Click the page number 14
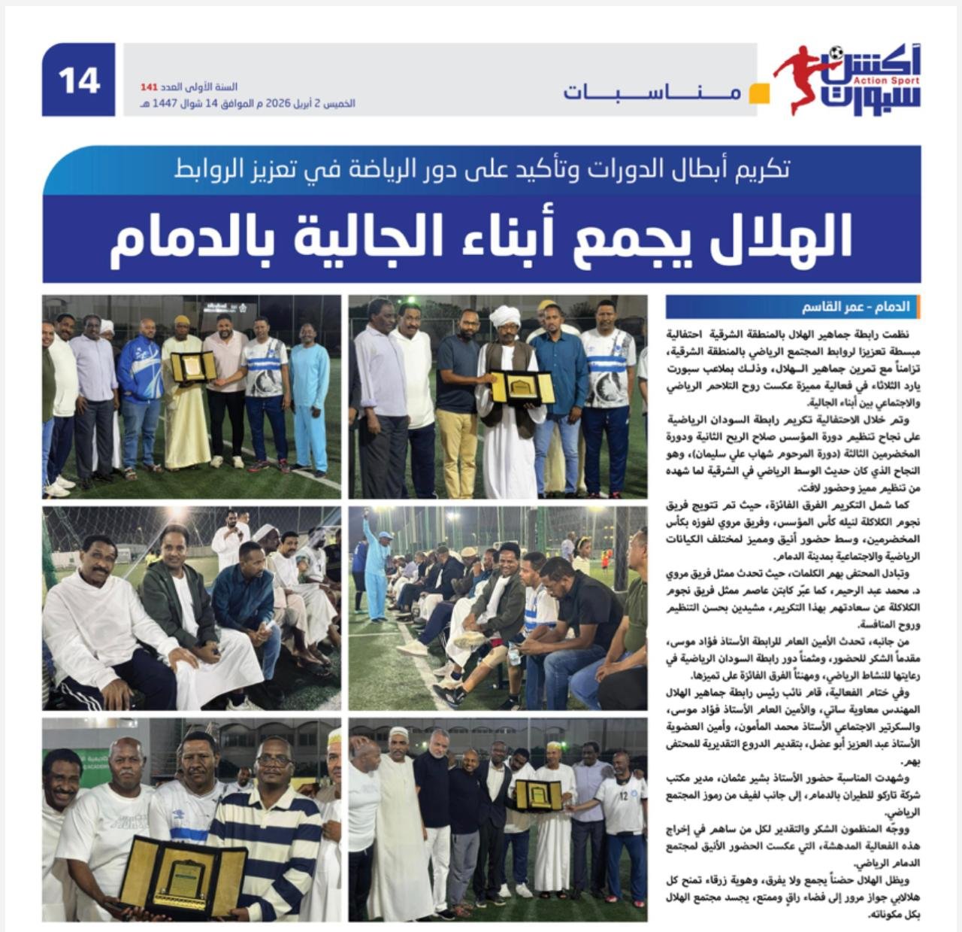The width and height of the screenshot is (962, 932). pos(79,80)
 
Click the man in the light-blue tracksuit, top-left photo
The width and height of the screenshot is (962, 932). pos(310,399)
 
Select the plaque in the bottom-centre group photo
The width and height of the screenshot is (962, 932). pos(538,795)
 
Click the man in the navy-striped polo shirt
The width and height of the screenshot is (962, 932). pos(274,835)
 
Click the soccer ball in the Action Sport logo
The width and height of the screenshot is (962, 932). pos(836,53)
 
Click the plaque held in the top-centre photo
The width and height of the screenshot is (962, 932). pos(522,387)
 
